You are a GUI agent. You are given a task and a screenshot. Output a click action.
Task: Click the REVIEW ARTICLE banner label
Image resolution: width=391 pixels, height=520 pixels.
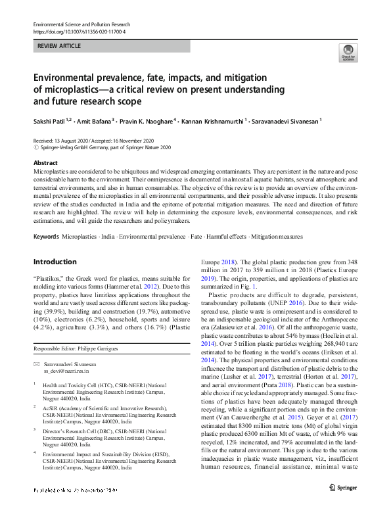point(60,46)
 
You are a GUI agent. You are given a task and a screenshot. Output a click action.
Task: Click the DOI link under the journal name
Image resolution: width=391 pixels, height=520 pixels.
point(79,32)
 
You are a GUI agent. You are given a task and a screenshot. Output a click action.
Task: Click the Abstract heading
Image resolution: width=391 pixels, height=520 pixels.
point(45,162)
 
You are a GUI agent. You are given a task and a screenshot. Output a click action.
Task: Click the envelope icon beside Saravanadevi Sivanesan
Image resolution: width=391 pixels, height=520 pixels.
point(37,364)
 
